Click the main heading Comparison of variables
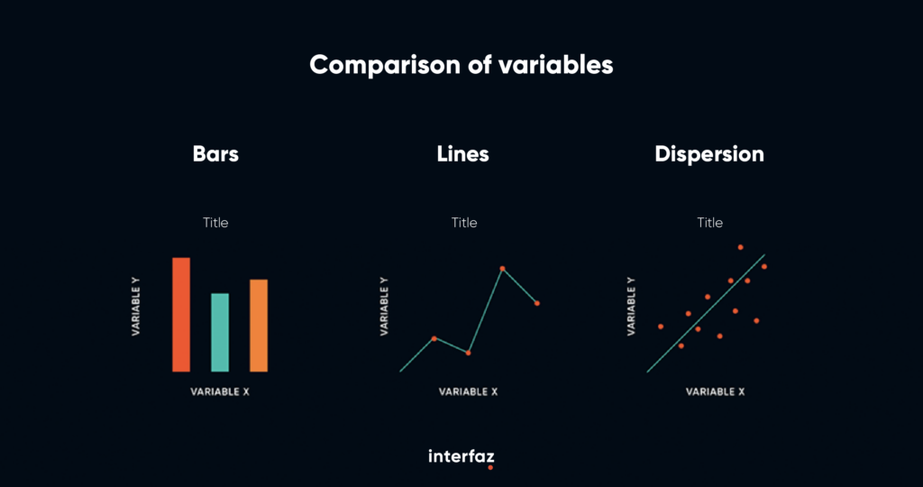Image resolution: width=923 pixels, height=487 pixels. point(461,65)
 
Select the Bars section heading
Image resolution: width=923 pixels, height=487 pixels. point(215,154)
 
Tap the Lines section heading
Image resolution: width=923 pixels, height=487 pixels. point(462,154)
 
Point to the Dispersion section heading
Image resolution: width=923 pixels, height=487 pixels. point(709,154)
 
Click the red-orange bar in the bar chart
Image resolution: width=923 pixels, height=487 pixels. point(181,315)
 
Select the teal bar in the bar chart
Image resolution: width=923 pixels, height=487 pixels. point(220,333)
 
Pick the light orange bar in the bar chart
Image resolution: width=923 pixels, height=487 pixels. point(259,326)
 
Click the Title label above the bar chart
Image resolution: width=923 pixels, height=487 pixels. point(215,223)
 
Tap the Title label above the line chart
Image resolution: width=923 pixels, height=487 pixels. point(464,223)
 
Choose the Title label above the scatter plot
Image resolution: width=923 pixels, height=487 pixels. point(710,223)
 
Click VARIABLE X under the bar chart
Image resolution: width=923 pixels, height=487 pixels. point(220,391)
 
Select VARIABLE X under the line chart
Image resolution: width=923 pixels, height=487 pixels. point(469,391)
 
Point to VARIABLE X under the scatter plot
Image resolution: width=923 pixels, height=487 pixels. point(715,391)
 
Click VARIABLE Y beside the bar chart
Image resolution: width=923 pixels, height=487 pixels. point(136,307)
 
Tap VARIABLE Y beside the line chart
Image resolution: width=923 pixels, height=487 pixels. point(384,307)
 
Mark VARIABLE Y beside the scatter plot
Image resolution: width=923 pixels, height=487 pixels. point(631,307)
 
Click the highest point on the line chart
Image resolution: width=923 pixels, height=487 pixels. point(503,269)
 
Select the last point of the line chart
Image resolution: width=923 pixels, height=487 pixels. point(537,303)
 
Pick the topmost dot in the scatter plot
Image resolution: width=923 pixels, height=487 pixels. point(741,247)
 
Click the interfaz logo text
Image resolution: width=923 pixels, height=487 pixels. point(461,456)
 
